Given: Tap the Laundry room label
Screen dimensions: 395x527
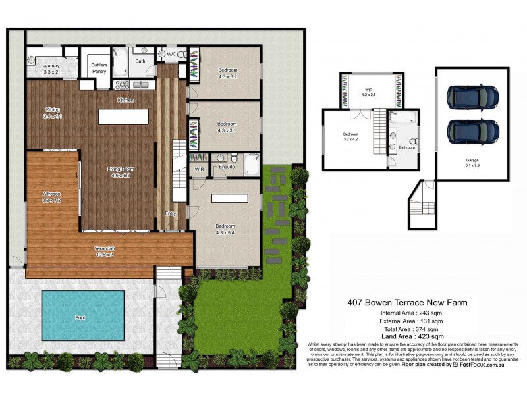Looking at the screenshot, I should tap(51, 69).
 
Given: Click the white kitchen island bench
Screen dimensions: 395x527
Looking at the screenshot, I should tap(124, 117).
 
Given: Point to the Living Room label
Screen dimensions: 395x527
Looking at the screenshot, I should tap(120, 172).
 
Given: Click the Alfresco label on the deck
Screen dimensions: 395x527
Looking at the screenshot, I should tap(52, 197).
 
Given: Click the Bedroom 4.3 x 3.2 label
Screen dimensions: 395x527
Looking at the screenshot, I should tap(227, 73).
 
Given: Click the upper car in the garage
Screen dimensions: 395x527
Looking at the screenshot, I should tap(472, 97).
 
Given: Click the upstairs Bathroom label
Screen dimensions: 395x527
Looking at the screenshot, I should tap(406, 147).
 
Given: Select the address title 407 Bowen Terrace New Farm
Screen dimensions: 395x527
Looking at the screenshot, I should tap(407, 303).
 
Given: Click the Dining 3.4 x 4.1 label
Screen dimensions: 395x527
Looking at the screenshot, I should tap(53, 113).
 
